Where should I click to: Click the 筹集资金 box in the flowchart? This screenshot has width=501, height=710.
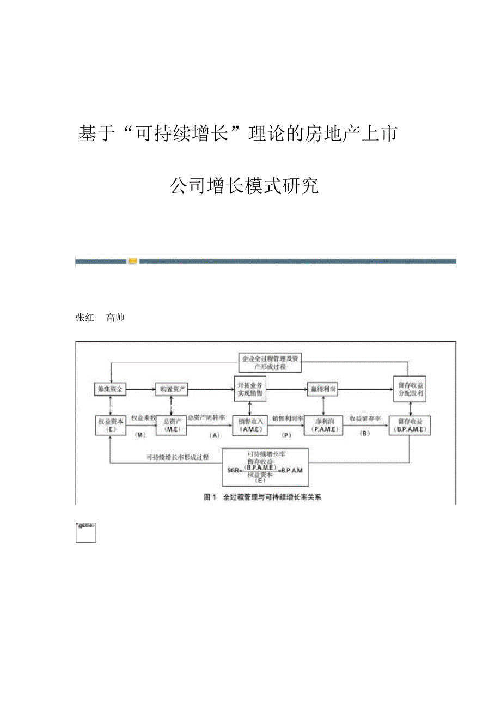click(x=111, y=389)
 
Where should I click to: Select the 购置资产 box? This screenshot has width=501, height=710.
click(x=172, y=389)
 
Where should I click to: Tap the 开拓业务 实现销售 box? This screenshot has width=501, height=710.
click(x=252, y=389)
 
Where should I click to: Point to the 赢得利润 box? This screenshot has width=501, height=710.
click(x=323, y=389)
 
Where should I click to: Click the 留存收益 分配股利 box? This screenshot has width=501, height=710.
click(x=410, y=389)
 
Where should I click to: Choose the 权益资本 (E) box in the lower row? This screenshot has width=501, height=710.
click(x=111, y=425)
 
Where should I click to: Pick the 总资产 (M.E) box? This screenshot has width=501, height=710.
click(x=172, y=425)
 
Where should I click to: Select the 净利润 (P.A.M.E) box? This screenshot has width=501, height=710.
click(x=323, y=425)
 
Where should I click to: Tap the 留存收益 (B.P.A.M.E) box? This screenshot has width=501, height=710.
click(x=410, y=425)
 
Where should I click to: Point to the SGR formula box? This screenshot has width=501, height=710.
click(x=265, y=467)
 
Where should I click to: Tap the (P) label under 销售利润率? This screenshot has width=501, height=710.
click(x=287, y=435)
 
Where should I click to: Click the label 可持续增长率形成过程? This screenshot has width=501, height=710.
click(x=178, y=457)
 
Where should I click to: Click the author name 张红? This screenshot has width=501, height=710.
click(x=84, y=318)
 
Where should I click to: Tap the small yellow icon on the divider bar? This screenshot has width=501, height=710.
click(x=133, y=262)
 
